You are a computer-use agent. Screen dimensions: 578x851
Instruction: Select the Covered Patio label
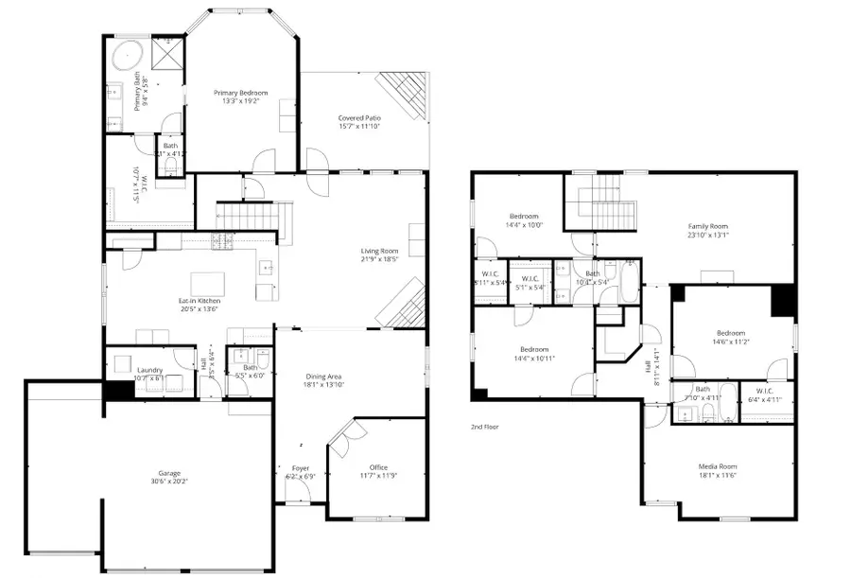coord(359,118)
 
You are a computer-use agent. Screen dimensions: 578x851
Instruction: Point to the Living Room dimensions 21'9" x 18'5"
coord(380,259)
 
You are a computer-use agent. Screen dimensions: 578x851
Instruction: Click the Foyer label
coord(300,467)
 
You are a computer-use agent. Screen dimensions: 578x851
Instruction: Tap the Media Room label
coord(717,466)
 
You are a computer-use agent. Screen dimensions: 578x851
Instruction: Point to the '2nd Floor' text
coord(486,427)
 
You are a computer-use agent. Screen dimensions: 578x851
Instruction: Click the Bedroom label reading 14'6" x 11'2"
coord(731,333)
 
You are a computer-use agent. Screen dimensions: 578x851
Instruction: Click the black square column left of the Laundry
coord(116,390)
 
